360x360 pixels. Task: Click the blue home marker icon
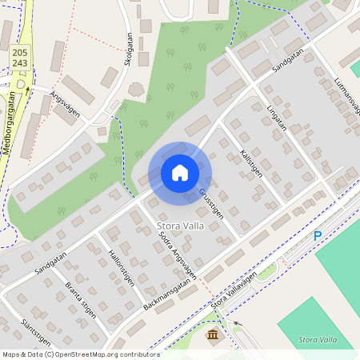(x=180, y=173)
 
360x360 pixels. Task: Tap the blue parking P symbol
(x=318, y=236)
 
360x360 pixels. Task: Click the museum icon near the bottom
(x=213, y=334)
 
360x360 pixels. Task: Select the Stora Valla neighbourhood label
(x=182, y=226)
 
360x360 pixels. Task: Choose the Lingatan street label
(x=276, y=117)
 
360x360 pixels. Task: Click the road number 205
(x=20, y=52)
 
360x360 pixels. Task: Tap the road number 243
(x=20, y=63)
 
